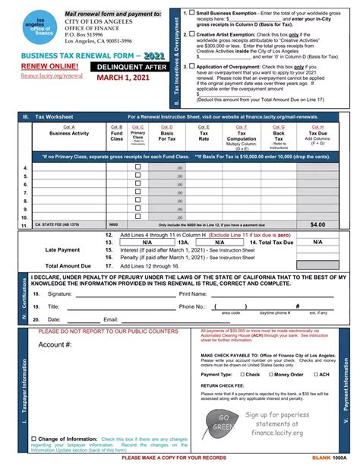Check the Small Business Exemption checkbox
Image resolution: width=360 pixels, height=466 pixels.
pos(192,14)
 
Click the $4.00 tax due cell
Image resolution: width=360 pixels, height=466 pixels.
pos(317,226)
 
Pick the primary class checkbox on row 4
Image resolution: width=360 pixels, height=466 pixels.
pos(137,167)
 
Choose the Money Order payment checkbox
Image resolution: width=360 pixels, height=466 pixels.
pos(269,375)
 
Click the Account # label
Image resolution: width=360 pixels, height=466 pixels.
pos(55,344)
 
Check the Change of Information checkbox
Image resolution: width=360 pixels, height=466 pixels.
pos(32,439)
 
